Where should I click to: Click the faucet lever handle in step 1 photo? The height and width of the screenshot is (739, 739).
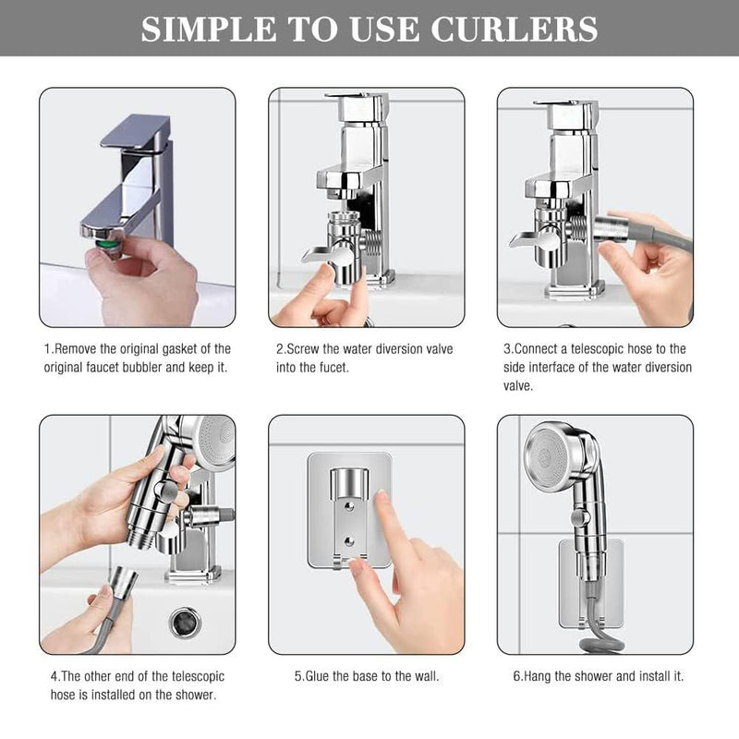(x=135, y=132)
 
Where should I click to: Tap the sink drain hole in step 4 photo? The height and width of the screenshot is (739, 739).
(x=185, y=622)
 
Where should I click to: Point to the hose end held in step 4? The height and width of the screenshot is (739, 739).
(x=123, y=584)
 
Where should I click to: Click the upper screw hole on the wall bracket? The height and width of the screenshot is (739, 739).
(x=349, y=504)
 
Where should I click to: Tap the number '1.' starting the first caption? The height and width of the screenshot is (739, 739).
(x=48, y=348)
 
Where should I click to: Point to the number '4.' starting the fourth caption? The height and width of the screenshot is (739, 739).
(x=55, y=676)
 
